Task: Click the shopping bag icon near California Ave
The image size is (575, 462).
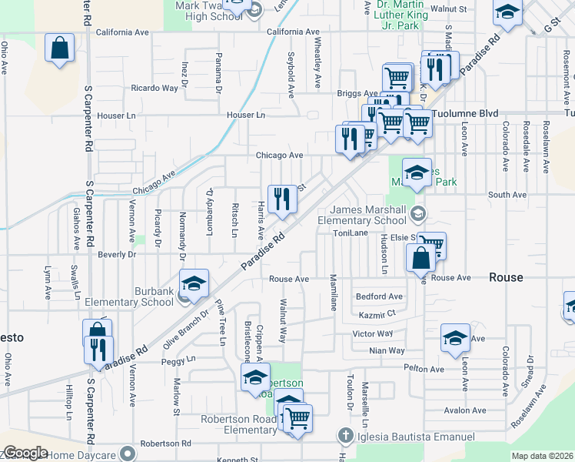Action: tap(59, 49)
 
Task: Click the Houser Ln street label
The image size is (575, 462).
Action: tap(245, 115)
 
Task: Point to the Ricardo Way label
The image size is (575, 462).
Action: tap(154, 88)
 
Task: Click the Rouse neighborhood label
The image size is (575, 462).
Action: tap(506, 277)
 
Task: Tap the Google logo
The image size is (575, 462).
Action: tap(25, 453)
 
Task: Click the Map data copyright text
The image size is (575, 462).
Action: tap(542, 456)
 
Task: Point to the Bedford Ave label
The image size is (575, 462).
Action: tap(379, 296)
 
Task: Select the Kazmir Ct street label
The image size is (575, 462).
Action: tap(377, 314)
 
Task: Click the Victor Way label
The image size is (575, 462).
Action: tap(372, 333)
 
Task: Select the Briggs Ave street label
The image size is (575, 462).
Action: tap(353, 93)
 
